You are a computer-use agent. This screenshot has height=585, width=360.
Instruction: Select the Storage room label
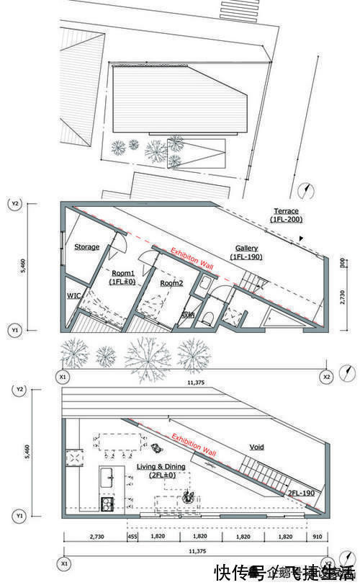click(x=86, y=247)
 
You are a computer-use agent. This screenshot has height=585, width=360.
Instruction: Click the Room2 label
click(x=171, y=283)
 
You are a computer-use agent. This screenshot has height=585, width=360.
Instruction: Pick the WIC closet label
click(x=74, y=295)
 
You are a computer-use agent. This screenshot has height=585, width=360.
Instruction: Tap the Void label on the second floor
click(x=256, y=447)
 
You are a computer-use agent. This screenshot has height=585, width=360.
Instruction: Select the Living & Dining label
click(x=161, y=467)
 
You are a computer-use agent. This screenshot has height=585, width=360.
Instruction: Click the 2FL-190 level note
click(x=300, y=493)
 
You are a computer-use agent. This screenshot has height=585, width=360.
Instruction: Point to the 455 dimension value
click(x=132, y=537)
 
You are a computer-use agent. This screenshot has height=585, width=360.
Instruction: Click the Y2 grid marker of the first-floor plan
click(x=14, y=204)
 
